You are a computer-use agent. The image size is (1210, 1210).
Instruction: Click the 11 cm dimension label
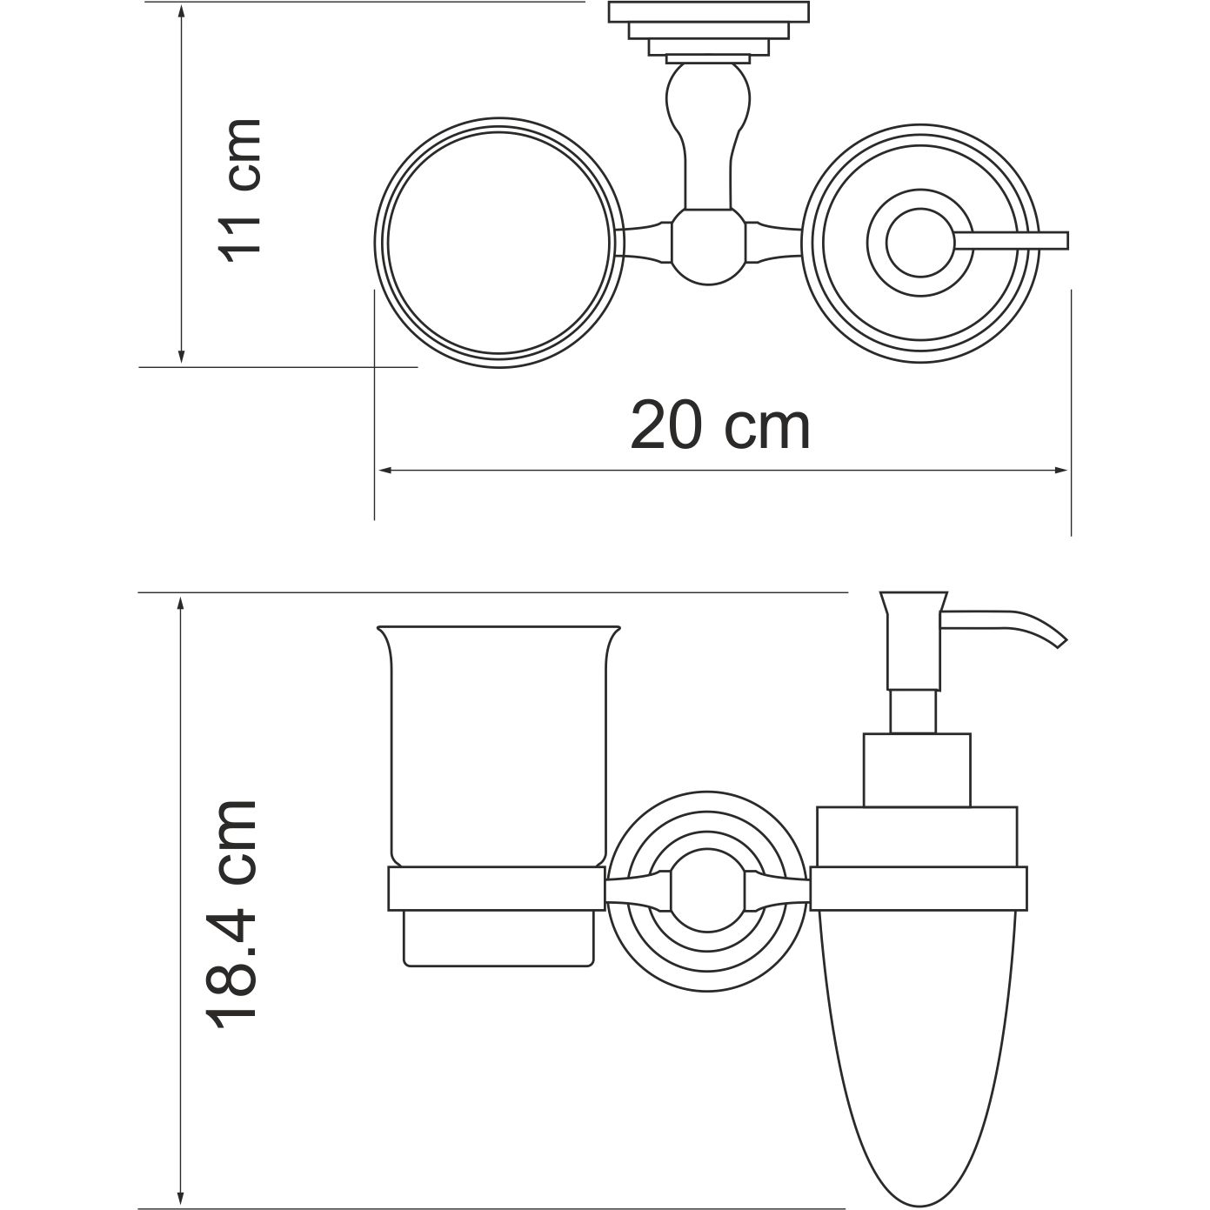239,191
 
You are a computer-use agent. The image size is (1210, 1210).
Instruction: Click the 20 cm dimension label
720,425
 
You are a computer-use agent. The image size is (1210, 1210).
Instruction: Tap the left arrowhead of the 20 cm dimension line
382,471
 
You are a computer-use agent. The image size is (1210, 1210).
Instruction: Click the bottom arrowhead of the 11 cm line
181,358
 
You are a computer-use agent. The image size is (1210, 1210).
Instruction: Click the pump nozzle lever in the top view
1013,240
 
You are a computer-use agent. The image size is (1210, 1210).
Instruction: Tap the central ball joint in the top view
708,245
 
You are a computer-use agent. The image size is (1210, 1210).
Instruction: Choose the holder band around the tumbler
496,888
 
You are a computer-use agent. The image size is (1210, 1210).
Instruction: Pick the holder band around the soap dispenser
919,888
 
